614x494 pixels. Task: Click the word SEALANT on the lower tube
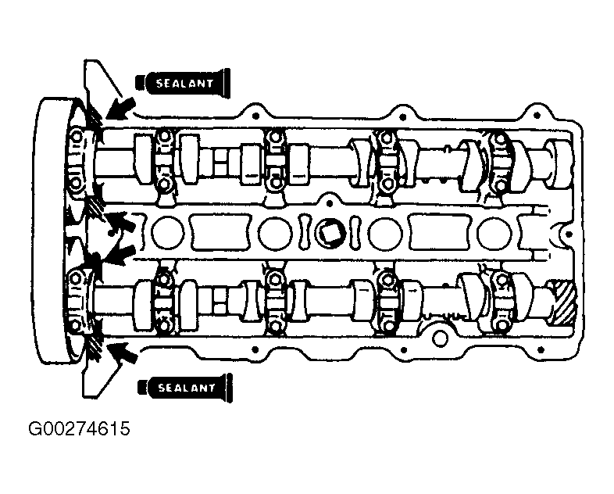point(187,388)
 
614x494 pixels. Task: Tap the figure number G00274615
point(79,429)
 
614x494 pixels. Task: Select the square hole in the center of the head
point(330,234)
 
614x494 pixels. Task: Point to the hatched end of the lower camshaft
point(563,302)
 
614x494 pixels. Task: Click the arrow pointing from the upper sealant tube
point(120,109)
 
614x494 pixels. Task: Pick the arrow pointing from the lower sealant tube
point(123,353)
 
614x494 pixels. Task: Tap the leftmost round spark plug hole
point(168,234)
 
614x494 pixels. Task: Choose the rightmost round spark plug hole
point(494,234)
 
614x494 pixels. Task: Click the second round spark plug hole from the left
point(276,234)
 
